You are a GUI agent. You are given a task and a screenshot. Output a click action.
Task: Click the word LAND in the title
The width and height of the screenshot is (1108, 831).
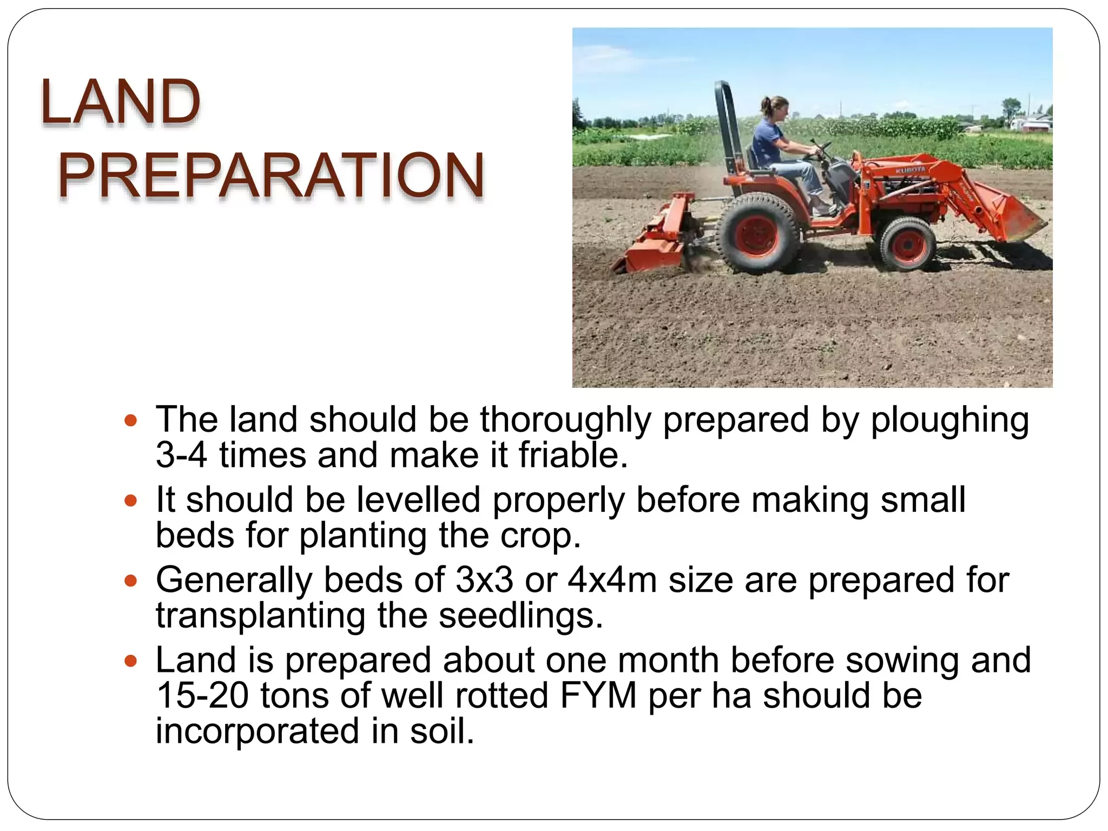click(120, 102)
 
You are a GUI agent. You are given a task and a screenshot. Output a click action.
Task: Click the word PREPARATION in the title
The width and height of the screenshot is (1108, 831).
click(271, 175)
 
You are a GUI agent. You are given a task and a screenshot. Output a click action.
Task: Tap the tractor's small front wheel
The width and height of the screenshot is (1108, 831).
click(907, 243)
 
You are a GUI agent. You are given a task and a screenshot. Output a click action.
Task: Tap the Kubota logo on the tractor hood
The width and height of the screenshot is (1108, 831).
click(911, 170)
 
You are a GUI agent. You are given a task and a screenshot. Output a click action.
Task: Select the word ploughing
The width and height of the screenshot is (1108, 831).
click(949, 420)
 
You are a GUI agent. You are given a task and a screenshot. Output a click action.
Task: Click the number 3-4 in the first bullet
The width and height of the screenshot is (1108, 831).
click(181, 455)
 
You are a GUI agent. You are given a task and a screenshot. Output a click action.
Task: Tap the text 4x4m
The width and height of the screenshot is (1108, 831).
click(612, 580)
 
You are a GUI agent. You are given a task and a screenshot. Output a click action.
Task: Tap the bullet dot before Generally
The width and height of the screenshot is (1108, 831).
click(130, 581)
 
